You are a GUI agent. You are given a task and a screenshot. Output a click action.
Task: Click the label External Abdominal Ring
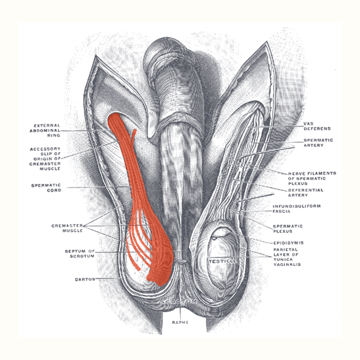pyautogui.click(x=45, y=130)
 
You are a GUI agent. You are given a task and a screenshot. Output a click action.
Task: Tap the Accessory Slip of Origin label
pyautogui.click(x=45, y=159)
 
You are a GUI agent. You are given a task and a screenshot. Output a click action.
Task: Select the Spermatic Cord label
pyautogui.click(x=46, y=188)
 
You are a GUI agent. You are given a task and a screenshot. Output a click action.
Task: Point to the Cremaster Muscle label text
pyautogui.click(x=67, y=228)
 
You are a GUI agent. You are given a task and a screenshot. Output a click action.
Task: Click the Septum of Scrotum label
pyautogui.click(x=80, y=253)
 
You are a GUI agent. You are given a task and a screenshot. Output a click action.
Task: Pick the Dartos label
pyautogui.click(x=85, y=279)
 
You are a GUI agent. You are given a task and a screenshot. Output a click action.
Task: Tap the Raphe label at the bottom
pyautogui.click(x=180, y=323)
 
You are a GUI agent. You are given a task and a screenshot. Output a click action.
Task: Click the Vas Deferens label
pyautogui.click(x=317, y=126)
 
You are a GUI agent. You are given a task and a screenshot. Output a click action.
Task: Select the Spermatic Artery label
pyautogui.click(x=318, y=143)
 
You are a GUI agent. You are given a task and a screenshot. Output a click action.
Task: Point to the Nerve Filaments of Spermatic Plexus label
pyautogui.click(x=312, y=179)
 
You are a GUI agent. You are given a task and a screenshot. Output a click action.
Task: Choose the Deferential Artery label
pyautogui.click(x=306, y=193)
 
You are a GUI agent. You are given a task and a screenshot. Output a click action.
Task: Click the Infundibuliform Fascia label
pyautogui.click(x=297, y=209)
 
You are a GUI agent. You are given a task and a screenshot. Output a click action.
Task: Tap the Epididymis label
pyautogui.click(x=288, y=243)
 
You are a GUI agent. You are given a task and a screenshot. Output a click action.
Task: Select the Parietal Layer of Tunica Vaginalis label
pyautogui.click(x=287, y=257)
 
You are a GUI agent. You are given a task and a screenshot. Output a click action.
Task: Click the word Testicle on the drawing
pyautogui.click(x=223, y=261)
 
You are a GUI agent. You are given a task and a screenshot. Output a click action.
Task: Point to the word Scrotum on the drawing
pyautogui.click(x=179, y=301)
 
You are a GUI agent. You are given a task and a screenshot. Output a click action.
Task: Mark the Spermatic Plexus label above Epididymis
pyautogui.click(x=288, y=229)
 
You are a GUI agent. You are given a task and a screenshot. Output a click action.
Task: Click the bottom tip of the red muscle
pyautogui.click(x=161, y=285)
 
